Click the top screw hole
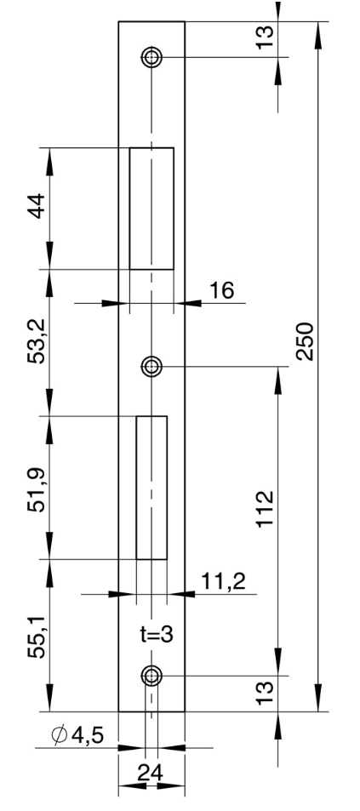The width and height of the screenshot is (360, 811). tap(151, 57)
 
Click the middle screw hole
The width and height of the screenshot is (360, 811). tap(151, 367)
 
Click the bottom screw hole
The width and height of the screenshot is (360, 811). tap(151, 676)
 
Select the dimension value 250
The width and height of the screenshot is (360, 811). tap(306, 341)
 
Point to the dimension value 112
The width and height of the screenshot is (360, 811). tap(266, 509)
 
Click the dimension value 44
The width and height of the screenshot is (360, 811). tap(37, 206)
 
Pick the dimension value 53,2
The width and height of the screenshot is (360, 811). tap(37, 341)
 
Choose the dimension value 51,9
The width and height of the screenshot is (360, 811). tap(37, 490)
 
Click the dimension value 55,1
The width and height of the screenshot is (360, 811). tap(37, 637)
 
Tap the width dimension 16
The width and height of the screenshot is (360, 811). tap(221, 291)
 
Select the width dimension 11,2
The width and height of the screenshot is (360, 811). tap(223, 582)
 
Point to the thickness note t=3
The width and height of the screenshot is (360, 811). tap(157, 634)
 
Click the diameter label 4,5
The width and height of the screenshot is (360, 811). tap(88, 735)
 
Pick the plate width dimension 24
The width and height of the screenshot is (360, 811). tap(151, 774)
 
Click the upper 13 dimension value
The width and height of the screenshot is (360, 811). tap(265, 37)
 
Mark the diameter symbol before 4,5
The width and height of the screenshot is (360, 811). tap(60, 734)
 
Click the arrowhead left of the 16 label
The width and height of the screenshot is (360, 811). tap(115, 303)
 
